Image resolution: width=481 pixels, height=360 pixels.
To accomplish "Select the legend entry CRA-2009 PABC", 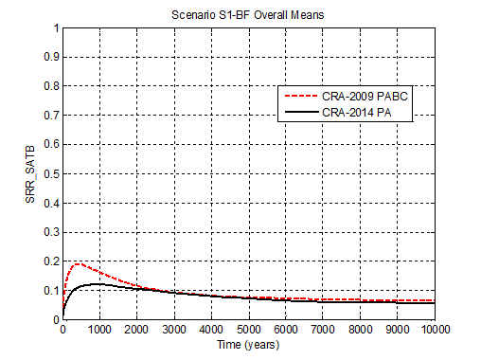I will pos(365,97).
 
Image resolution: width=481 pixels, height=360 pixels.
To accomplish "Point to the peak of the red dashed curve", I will pos(78,263).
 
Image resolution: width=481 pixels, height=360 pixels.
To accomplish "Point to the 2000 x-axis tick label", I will pos(137,330).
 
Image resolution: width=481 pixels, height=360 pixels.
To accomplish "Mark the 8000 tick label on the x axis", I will pos(361,330).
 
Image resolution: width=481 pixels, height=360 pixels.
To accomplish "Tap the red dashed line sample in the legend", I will pos(300,97).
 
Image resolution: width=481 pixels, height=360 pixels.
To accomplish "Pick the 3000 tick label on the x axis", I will pos(174,330).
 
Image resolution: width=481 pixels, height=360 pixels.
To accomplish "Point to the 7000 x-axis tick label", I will pos(324,330).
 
